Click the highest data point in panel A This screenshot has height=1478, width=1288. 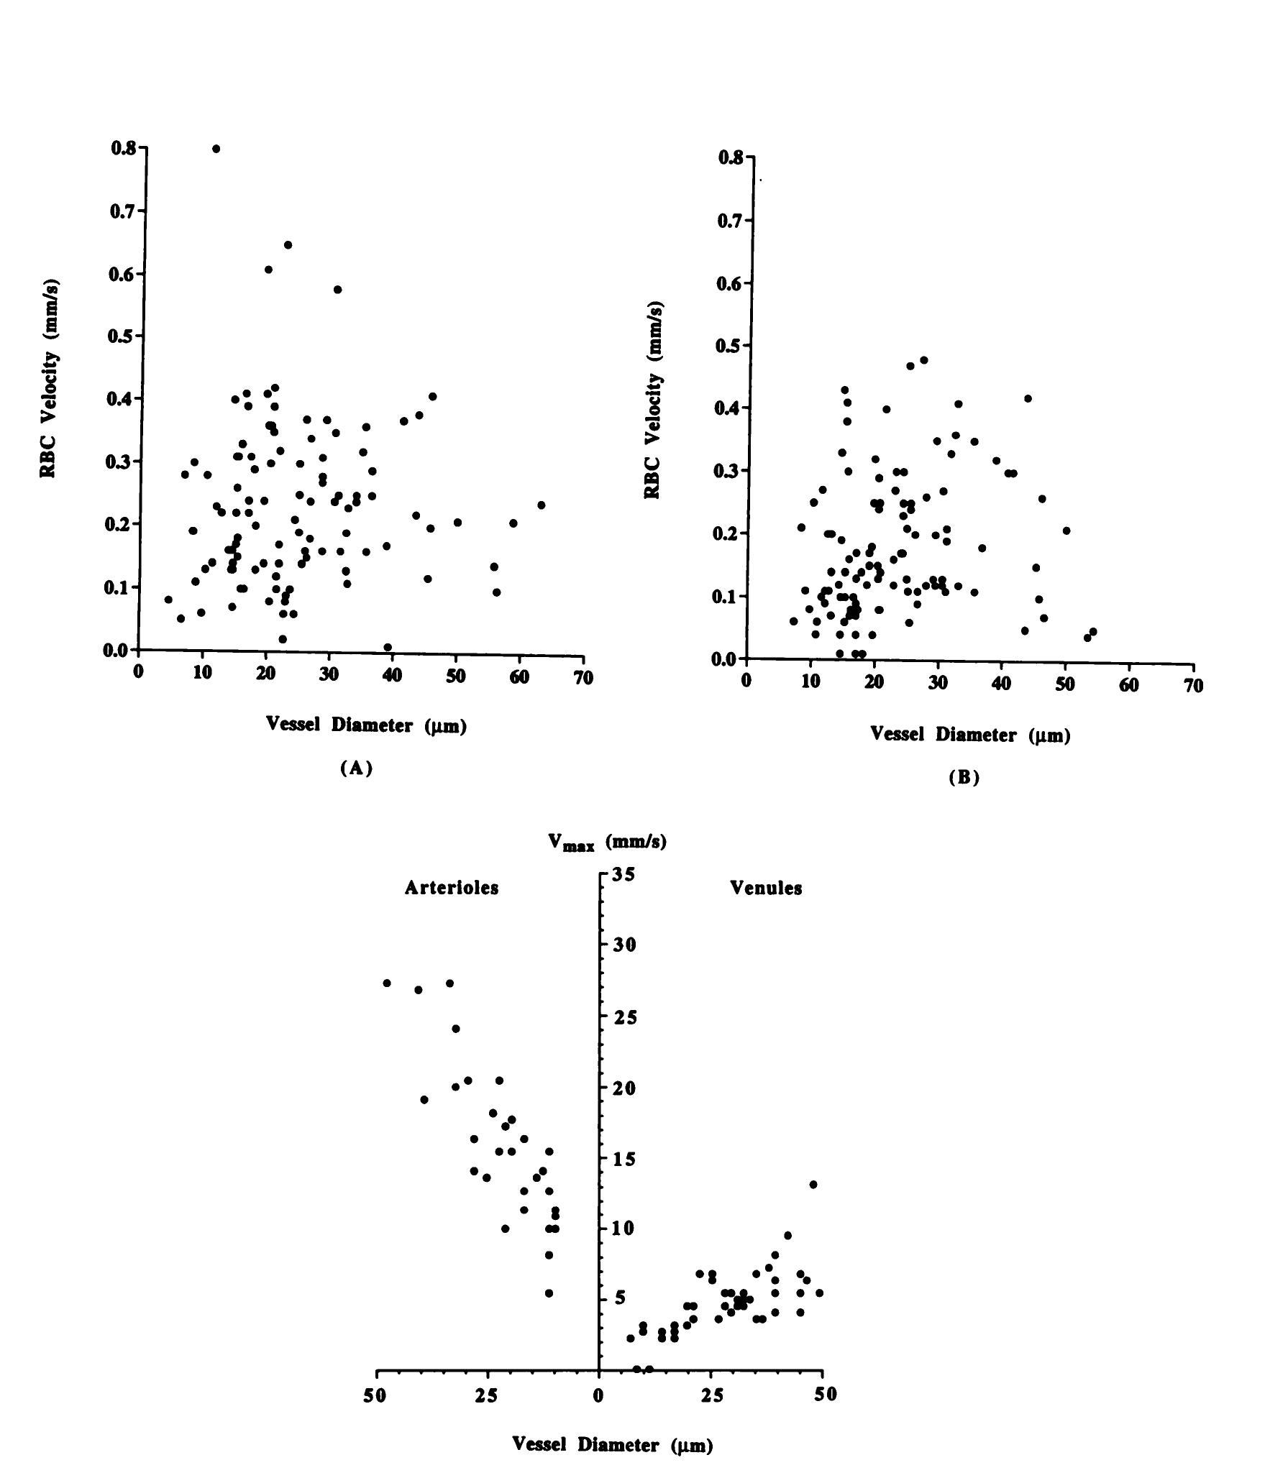[x=216, y=149]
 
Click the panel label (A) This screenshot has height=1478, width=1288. [x=357, y=768]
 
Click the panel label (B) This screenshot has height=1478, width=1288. [x=964, y=777]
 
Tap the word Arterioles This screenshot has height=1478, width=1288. [x=451, y=888]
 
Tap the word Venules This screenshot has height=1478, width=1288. [x=766, y=888]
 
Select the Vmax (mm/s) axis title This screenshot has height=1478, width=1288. [x=608, y=843]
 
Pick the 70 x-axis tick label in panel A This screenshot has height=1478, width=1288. [x=584, y=677]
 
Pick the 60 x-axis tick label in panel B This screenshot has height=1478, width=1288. [x=1129, y=685]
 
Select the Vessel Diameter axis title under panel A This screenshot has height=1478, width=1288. [x=366, y=725]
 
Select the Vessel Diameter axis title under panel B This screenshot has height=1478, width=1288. [x=970, y=734]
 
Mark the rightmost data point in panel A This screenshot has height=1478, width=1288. [x=541, y=505]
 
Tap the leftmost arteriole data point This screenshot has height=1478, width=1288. [x=387, y=983]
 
